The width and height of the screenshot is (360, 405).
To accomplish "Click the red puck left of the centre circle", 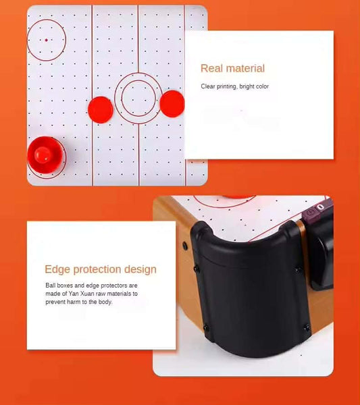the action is pyautogui.click(x=101, y=110).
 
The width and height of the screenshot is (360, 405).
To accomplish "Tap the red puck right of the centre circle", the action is pyautogui.click(x=172, y=103).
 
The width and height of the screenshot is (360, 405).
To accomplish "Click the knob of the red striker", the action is pyautogui.click(x=43, y=155).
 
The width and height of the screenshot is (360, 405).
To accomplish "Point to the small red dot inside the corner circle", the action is pyautogui.click(x=46, y=40).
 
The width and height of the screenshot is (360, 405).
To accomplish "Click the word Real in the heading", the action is pyautogui.click(x=211, y=68).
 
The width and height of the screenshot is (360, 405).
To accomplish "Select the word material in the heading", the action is pyautogui.click(x=245, y=68).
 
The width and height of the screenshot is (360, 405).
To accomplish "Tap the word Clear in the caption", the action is pyautogui.click(x=208, y=86).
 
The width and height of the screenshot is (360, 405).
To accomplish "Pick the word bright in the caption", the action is pyautogui.click(x=247, y=86).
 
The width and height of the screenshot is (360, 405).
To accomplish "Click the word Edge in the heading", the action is pyautogui.click(x=57, y=269).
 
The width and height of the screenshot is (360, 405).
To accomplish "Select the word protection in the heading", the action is pyautogui.click(x=97, y=269).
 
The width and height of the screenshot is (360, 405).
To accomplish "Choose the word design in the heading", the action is pyautogui.click(x=140, y=269).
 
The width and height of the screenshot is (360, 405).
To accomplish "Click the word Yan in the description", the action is pyautogui.click(x=74, y=294).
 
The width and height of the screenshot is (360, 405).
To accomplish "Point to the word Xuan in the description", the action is pyautogui.click(x=87, y=294).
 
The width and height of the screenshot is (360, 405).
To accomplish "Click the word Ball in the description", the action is pyautogui.click(x=51, y=286).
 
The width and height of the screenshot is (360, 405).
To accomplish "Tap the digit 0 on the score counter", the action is pyautogui.click(x=320, y=207).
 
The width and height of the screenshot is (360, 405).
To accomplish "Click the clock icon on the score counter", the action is pyautogui.click(x=311, y=212).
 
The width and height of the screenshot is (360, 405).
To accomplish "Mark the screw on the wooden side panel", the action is pyautogui.click(x=185, y=246).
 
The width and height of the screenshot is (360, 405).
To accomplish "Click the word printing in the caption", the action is pyautogui.click(x=227, y=86).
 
